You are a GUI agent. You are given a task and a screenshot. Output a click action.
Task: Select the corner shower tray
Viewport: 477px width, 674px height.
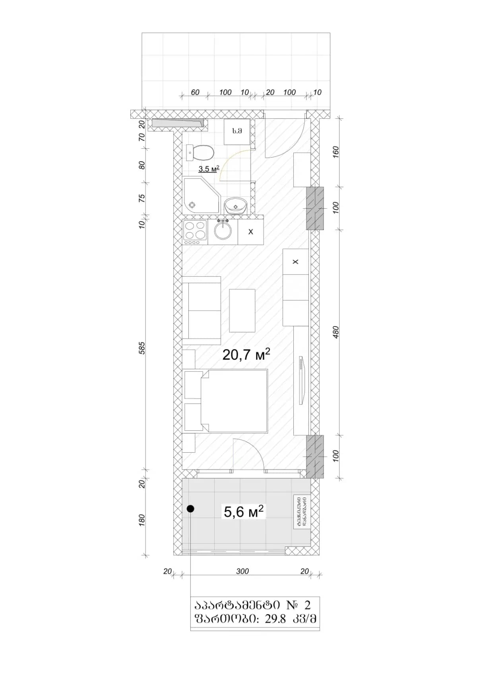(200, 196)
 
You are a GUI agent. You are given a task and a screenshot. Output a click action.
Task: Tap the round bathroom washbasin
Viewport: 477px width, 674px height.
(236, 206)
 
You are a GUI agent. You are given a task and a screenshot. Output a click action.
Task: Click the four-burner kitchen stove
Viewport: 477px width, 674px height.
(195, 232)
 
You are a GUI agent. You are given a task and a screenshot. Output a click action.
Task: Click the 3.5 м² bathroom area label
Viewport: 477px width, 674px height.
(209, 169)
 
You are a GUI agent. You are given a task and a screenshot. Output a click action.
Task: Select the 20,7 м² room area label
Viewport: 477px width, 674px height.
(246, 354)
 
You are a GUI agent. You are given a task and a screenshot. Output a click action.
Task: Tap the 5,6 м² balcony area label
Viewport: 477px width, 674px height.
(244, 511)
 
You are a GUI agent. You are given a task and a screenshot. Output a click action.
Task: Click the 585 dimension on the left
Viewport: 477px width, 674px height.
(142, 348)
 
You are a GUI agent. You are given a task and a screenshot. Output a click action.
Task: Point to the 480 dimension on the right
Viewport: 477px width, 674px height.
(336, 332)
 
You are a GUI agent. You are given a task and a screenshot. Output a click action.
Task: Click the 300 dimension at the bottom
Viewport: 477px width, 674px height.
(242, 571)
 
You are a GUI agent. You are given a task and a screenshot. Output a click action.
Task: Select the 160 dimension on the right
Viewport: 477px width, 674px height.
(336, 152)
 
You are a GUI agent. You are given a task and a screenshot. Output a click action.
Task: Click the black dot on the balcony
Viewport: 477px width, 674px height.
(191, 508)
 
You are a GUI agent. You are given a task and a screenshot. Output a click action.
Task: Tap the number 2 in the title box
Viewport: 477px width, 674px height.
(307, 605)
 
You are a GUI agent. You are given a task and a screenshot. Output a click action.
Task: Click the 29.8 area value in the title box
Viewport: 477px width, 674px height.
(275, 619)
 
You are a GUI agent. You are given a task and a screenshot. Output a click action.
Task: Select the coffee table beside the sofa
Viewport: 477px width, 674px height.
(242, 310)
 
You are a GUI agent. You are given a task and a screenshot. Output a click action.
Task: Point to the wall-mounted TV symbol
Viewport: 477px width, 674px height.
(301, 380)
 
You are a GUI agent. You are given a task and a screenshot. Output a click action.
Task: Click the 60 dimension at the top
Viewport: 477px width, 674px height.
(195, 92)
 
